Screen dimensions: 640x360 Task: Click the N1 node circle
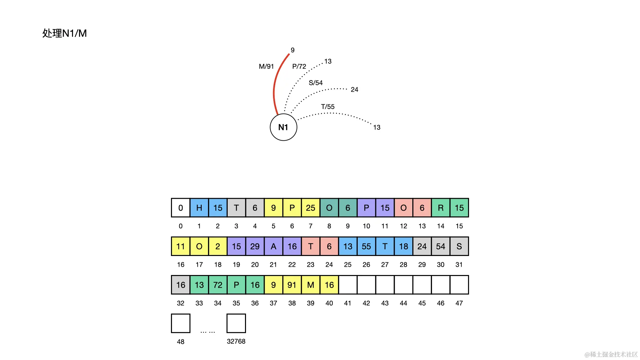pos(283,127)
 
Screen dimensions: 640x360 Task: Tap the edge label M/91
pos(266,67)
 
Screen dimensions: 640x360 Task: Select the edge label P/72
pos(299,67)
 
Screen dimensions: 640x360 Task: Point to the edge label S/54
pos(316,83)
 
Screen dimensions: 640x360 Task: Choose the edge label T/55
pos(328,107)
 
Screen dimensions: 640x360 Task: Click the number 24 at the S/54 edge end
pos(354,90)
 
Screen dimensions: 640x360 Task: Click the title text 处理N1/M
pos(65,33)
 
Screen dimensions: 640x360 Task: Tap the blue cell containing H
pos(199,208)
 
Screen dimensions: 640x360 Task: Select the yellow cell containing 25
pos(311,208)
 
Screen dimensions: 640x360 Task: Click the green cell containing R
pos(441,208)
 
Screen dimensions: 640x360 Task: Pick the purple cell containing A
pos(273,247)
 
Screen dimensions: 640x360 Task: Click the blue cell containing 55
pos(366,247)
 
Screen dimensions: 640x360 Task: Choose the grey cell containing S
pos(459,247)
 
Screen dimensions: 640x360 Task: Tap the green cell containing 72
pos(218,285)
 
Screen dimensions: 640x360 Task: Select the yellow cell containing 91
pos(292,285)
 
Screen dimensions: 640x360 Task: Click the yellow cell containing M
pos(311,285)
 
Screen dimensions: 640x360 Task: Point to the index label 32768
pos(236,341)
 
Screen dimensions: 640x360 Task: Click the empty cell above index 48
pos(181,323)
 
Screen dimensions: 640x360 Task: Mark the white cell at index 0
pos(181,208)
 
